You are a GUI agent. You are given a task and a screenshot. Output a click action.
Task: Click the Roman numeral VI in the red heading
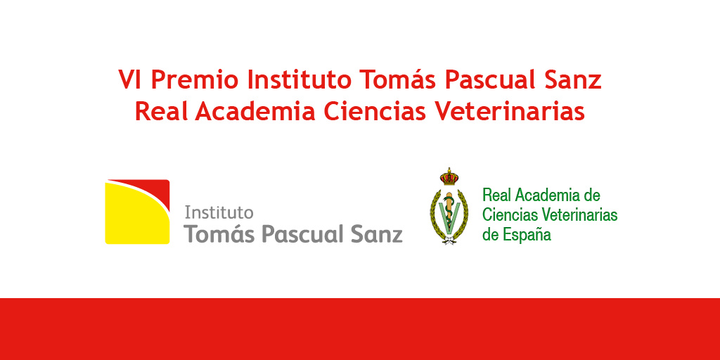tap(131, 79)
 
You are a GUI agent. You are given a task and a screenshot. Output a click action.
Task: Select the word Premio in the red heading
tap(195, 79)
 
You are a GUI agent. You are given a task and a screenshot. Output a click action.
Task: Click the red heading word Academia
tap(255, 111)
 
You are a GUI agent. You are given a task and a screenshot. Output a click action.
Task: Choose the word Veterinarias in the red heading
tap(510, 111)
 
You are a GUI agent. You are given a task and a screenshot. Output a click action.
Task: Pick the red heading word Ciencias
tap(375, 111)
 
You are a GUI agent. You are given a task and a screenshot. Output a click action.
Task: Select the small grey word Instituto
tap(219, 212)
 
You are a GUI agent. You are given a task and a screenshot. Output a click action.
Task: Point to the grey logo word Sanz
tap(377, 234)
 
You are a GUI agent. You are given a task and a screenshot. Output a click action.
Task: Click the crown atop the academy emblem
tap(449, 177)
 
